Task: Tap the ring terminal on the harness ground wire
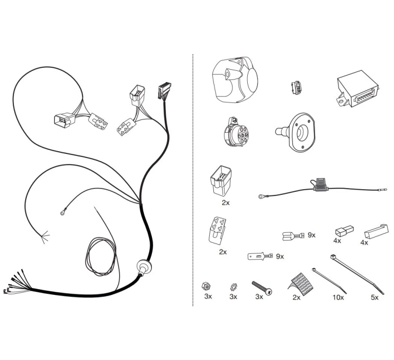point(63,213)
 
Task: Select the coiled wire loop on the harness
point(101,256)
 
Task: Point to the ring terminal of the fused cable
point(261,196)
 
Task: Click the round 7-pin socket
point(235,132)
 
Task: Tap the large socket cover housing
point(234,80)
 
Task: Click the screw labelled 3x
point(262,287)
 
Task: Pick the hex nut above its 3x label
point(206,286)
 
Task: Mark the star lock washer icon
point(233,287)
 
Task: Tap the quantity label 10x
point(338,297)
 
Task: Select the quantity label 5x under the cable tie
point(375,297)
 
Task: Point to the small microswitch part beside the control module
point(297,88)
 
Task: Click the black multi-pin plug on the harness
point(165,91)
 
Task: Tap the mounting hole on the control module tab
point(341,102)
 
